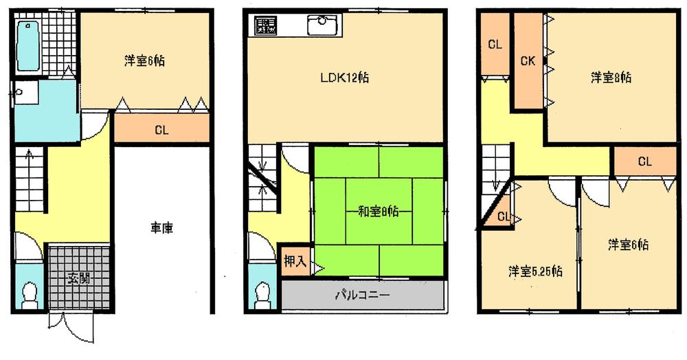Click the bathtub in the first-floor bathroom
[27, 45]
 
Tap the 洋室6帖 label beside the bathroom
[144, 61]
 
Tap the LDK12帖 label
[345, 78]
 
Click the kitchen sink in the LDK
[321, 26]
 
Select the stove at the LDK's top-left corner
[265, 27]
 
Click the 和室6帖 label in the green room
[379, 211]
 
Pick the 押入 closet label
[294, 262]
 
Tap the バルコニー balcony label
[362, 296]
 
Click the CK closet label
[528, 61]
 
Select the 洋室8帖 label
[611, 78]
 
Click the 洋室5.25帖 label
[535, 271]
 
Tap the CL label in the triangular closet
[503, 217]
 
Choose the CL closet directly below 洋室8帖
[644, 162]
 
